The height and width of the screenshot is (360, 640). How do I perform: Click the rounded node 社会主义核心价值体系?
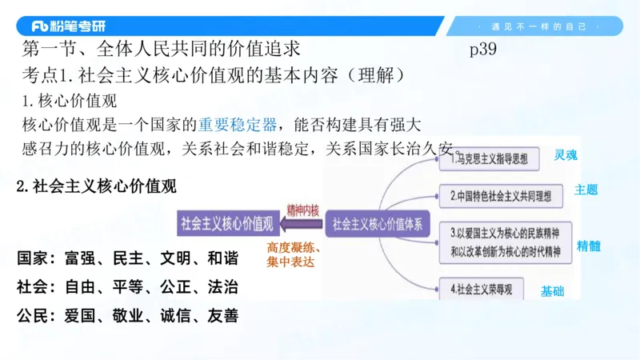pos(378,222)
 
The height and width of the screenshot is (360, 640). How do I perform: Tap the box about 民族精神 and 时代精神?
pos(506,242)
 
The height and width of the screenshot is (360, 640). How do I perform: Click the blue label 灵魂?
pos(565,155)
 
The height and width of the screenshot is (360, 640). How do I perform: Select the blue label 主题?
pos(586,190)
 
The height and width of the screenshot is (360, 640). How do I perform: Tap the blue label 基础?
pos(552,291)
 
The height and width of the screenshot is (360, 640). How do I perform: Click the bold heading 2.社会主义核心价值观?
pos(97,186)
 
